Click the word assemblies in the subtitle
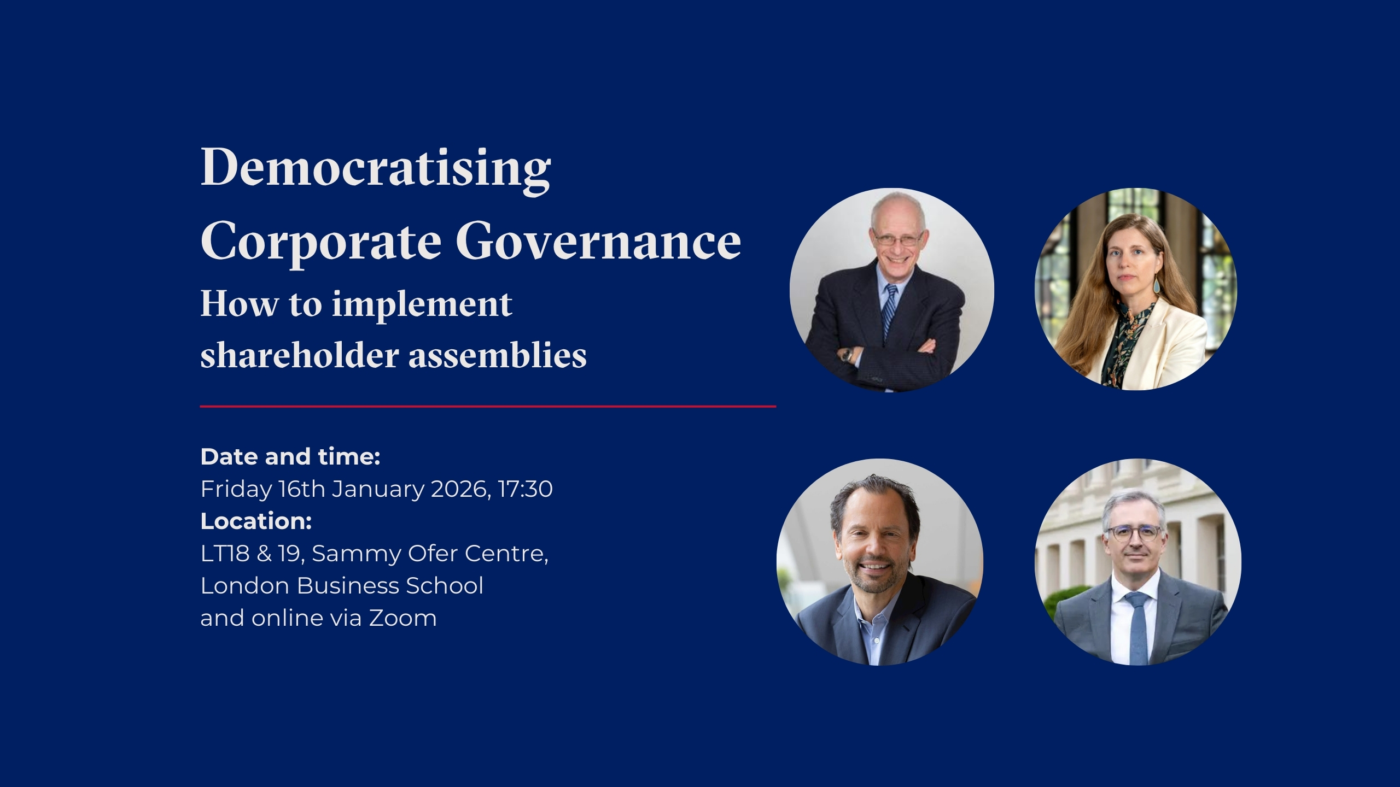(498, 355)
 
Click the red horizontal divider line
(488, 407)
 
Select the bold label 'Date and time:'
(290, 457)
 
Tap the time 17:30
(526, 489)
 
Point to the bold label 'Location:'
(256, 521)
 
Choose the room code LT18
(225, 554)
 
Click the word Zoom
(403, 618)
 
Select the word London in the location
(245, 586)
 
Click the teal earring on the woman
(1157, 285)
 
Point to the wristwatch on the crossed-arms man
(848, 355)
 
